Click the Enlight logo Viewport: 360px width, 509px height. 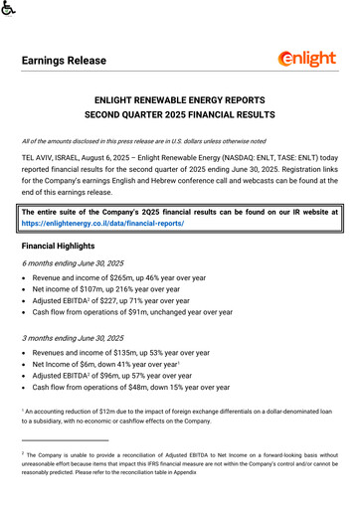(307, 59)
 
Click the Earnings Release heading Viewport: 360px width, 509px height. (65, 62)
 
